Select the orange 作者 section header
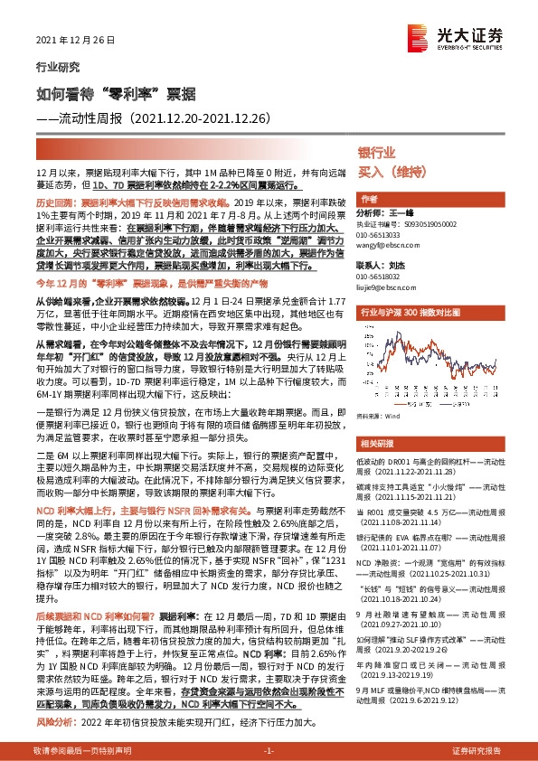pyautogui.click(x=369, y=199)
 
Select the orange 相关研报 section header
pyautogui.click(x=376, y=443)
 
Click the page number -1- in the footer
pyautogui.click(x=268, y=751)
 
